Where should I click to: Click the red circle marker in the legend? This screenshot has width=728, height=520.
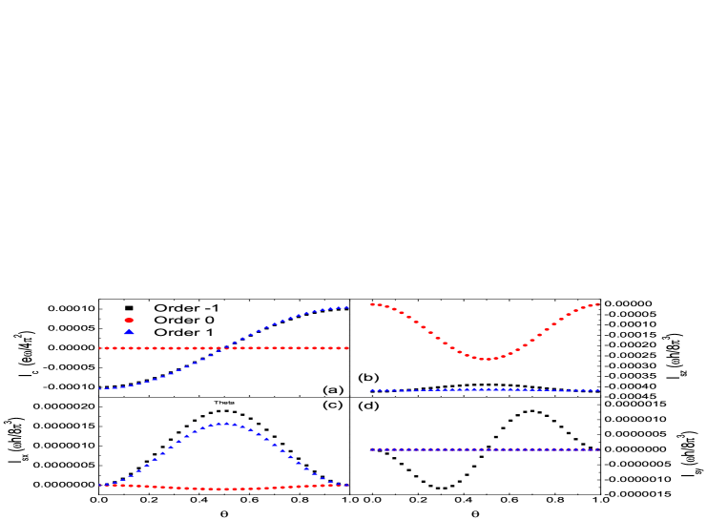(129, 321)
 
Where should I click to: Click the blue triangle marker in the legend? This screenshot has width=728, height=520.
(129, 332)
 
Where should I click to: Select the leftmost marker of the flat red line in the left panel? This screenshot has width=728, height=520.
(100, 348)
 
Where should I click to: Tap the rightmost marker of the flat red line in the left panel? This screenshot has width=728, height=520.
(346, 348)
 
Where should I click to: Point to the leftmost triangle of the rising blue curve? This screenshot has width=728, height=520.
(100, 388)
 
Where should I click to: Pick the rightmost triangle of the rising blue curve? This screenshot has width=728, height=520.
(346, 307)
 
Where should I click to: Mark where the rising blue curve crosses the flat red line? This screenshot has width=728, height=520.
(223, 348)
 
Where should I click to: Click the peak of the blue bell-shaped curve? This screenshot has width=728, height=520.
(224, 423)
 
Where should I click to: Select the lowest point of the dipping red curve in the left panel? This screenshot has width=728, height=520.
(224, 489)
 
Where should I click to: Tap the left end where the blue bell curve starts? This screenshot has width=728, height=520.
(100, 485)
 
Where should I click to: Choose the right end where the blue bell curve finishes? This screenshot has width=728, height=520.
(346, 485)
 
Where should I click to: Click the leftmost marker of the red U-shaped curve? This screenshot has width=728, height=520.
(371, 304)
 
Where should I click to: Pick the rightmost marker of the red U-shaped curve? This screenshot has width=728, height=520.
(597, 304)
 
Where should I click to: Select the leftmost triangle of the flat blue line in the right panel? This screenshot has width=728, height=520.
(371, 390)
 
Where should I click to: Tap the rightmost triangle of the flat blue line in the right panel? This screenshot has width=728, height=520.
(597, 390)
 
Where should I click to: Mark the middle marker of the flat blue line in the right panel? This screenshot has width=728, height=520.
(485, 389)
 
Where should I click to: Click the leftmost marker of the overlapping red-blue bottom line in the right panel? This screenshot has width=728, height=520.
(371, 449)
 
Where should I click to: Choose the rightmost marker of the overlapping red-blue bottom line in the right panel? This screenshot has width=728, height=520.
(597, 449)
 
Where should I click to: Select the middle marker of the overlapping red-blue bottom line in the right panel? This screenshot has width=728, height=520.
(485, 449)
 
